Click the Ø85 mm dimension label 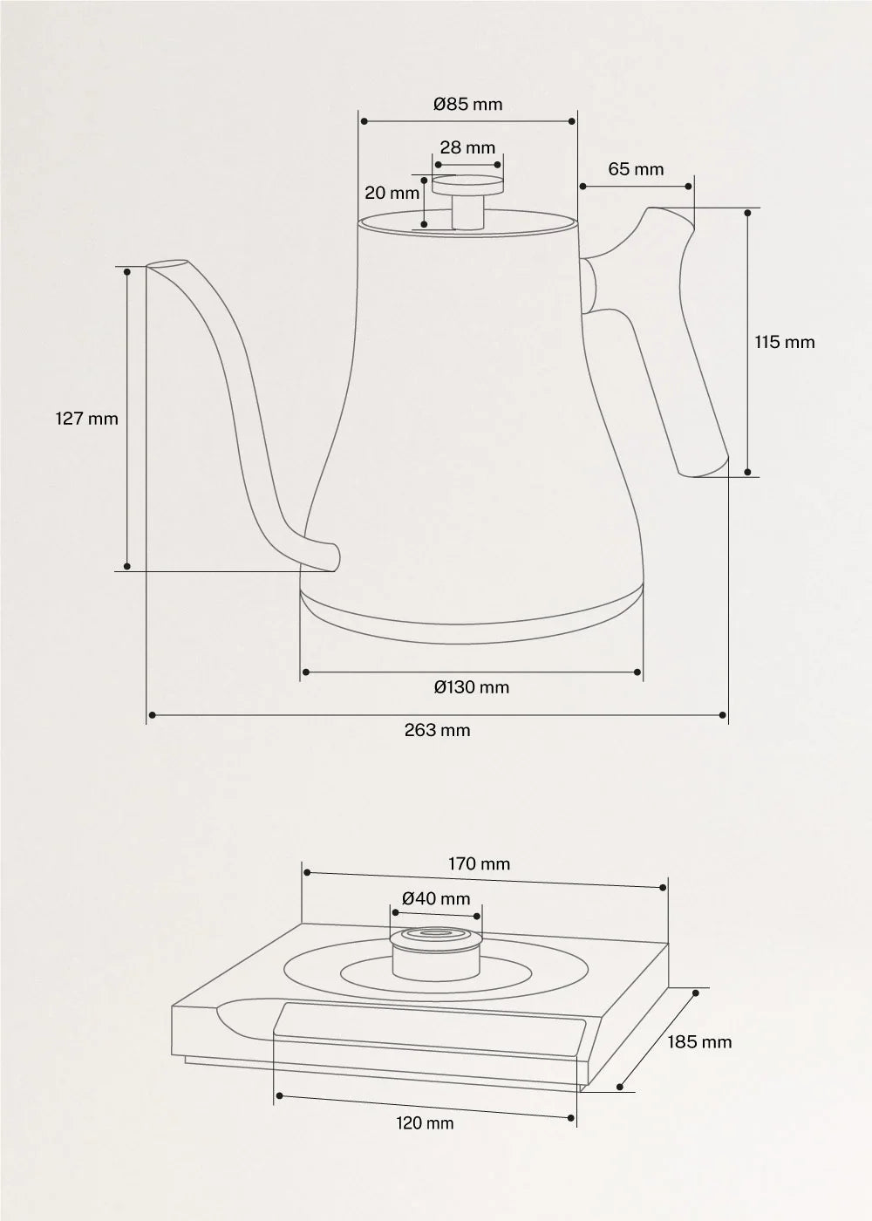point(468,105)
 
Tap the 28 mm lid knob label point(467,148)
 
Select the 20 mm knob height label point(392,193)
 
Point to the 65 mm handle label point(636,169)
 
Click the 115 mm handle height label point(785,342)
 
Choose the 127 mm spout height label point(86,419)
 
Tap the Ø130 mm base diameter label point(472,687)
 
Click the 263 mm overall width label point(437,730)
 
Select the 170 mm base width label point(480,864)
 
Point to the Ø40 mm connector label point(436,898)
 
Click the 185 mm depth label point(699,1042)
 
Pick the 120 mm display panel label point(425,1123)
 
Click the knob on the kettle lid point(468,196)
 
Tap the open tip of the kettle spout point(167,264)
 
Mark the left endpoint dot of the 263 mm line point(152,715)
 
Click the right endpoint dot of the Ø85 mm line point(573,121)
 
